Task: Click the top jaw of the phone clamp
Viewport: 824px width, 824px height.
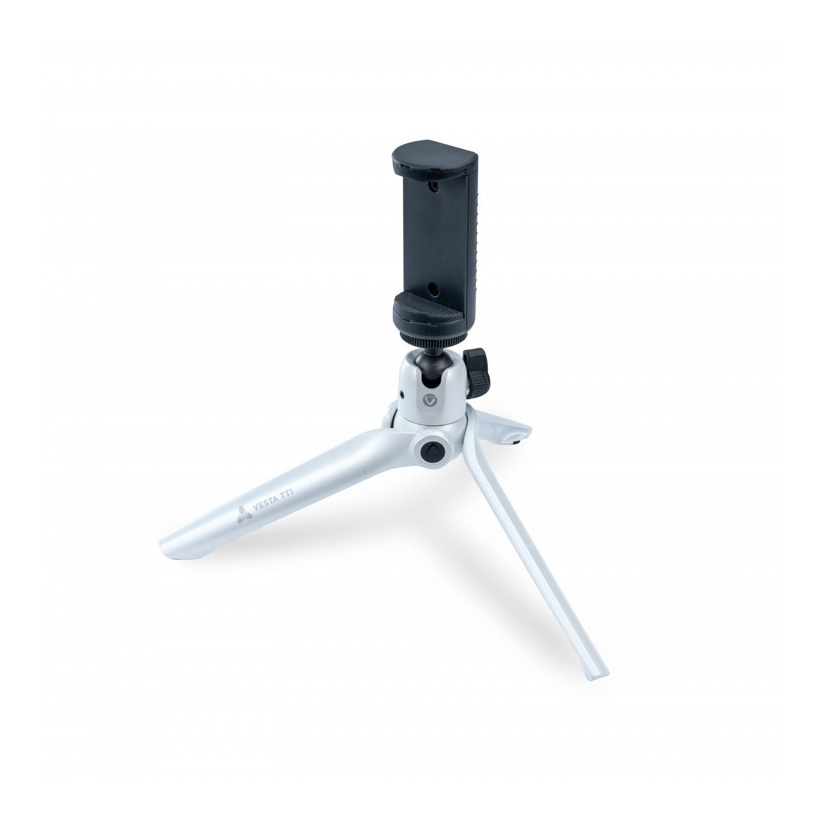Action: (x=435, y=159)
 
